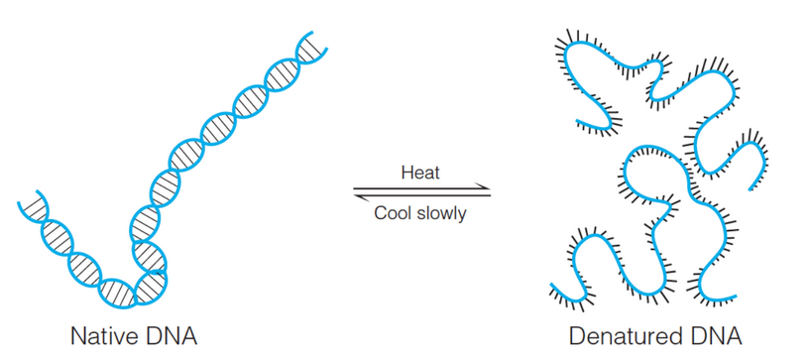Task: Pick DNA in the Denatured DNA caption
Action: pyautogui.click(x=716, y=335)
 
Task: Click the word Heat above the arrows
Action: pyautogui.click(x=420, y=173)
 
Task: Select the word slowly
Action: pyautogui.click(x=441, y=213)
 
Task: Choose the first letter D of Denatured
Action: pyautogui.click(x=578, y=335)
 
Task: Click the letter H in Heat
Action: pyautogui.click(x=406, y=173)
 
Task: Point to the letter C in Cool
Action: pyautogui.click(x=380, y=213)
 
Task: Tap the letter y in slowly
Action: pyautogui.click(x=461, y=215)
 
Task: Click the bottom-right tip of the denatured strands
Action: pyautogui.click(x=735, y=294)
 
